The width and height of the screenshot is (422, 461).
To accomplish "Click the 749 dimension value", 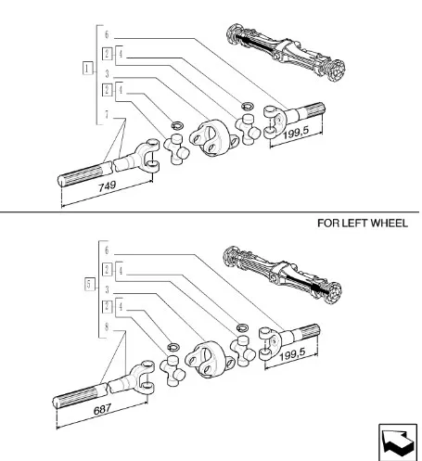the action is (107, 186).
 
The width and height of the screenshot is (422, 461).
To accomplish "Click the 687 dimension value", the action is (102, 410).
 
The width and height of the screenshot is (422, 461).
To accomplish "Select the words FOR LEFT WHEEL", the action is (363, 223).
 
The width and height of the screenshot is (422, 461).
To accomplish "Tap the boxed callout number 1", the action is (87, 68).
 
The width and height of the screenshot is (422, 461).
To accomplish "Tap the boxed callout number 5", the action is (89, 284).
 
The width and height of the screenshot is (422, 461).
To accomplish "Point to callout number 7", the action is (107, 115).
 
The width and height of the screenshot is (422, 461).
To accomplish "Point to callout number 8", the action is (107, 327).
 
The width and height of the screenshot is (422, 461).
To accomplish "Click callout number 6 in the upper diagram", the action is (107, 34).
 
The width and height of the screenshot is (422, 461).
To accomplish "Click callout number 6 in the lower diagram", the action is (107, 250).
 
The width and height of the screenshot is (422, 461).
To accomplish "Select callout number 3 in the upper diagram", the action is (107, 73).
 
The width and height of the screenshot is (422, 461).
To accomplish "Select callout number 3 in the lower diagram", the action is (107, 289).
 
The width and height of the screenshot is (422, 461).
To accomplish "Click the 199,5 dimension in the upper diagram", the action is (296, 133).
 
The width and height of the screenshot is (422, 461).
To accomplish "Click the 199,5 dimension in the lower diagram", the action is (292, 354).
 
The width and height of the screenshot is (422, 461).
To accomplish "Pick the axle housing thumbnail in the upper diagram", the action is (286, 51).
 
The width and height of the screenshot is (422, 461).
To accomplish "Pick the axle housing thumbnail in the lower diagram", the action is (282, 275).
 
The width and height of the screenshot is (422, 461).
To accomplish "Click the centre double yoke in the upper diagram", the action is (214, 138).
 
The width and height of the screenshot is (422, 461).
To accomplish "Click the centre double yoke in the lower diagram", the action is (210, 359).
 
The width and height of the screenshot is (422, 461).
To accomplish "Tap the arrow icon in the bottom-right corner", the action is (398, 442).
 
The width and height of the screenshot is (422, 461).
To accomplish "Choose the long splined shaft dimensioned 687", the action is (104, 386).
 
